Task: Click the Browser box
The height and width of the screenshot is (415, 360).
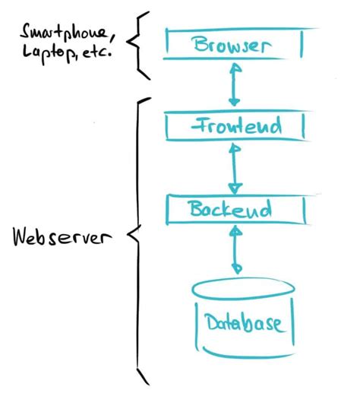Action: pyautogui.click(x=235, y=43)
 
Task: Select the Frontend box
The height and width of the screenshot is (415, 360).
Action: pyautogui.click(x=235, y=125)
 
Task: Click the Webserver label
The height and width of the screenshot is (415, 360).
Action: pyautogui.click(x=62, y=237)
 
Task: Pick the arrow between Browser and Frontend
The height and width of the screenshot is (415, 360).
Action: pyautogui.click(x=235, y=84)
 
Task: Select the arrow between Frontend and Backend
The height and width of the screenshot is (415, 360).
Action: pyautogui.click(x=235, y=166)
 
